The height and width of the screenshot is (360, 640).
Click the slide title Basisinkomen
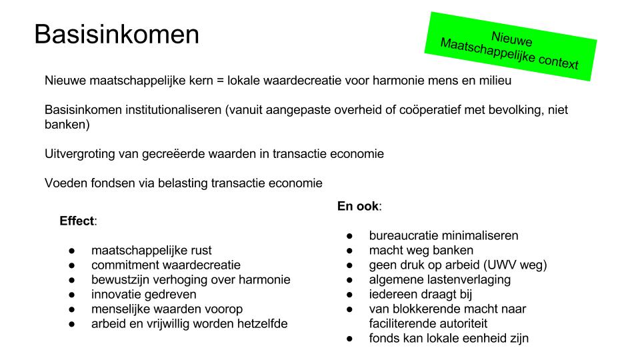pos(117,35)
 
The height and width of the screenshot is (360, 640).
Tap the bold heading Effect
pos(77,221)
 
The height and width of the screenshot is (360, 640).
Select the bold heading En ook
pos(358,207)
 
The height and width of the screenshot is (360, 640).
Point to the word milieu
pos(493,81)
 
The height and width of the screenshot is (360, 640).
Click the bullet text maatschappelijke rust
pos(151,251)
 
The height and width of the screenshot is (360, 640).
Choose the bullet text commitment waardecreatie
pos(166,265)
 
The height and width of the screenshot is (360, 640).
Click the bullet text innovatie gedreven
pos(144,295)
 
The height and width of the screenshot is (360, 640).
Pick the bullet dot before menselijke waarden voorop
pos(72,309)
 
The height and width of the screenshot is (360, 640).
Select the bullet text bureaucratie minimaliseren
pos(443,236)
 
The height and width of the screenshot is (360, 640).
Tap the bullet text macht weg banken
pos(421,251)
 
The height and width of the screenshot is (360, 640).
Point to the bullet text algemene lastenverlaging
pos(440,280)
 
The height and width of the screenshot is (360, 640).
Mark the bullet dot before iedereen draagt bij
pos(350,295)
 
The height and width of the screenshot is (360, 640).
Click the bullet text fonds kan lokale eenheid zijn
pos(449,339)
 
